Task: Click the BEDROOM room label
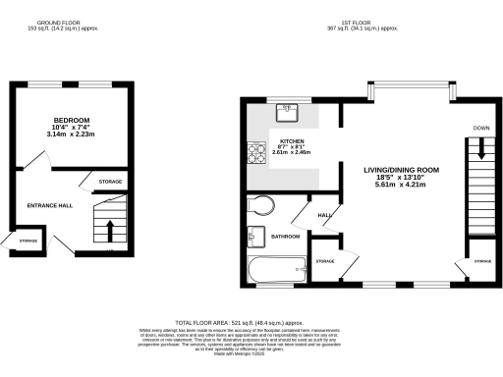(72, 120)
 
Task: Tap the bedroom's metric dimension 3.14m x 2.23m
(72, 135)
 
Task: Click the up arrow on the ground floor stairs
(109, 230)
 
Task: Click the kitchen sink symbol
(290, 110)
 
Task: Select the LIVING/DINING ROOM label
(401, 171)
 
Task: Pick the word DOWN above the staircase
(480, 129)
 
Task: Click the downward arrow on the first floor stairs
(480, 149)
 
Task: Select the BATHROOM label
(286, 237)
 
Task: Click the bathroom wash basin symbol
(256, 236)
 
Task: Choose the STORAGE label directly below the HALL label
(325, 260)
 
